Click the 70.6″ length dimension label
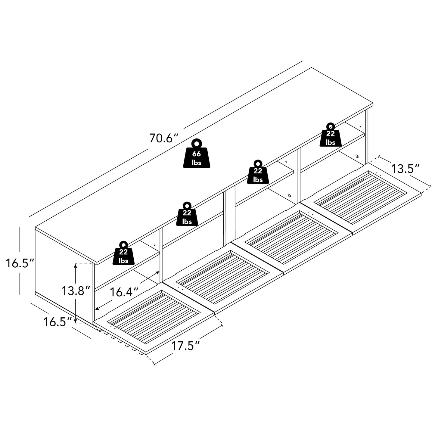pos(164,138)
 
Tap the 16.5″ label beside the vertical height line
pos(20,263)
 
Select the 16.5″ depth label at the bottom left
pos(57,322)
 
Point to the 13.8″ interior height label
pos(76,291)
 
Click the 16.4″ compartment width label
pos(124,292)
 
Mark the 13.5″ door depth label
pos(405,169)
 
